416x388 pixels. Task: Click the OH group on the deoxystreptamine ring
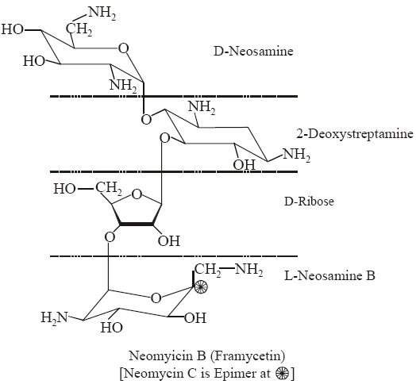243,164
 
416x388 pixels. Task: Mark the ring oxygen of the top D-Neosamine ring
123,49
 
